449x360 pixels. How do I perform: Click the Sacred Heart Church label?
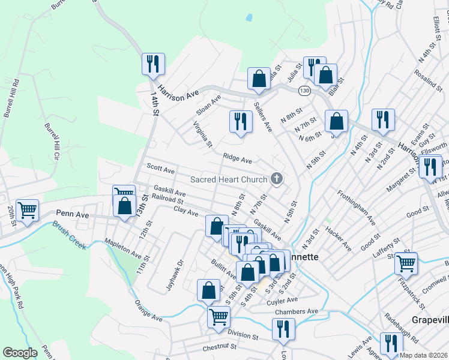coord(228,179)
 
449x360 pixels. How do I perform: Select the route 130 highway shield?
coord(304,89)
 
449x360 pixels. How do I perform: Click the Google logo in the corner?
coord(20,353)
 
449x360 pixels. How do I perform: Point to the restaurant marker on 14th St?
coord(152,64)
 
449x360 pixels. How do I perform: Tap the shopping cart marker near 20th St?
coord(28,211)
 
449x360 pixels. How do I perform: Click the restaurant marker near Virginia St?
coord(240,122)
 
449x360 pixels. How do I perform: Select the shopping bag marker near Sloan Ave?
coord(259,79)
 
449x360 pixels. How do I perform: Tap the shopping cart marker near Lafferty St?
coord(406,262)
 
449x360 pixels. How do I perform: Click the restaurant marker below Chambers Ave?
coord(283,329)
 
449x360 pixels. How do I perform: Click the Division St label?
coord(243,337)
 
